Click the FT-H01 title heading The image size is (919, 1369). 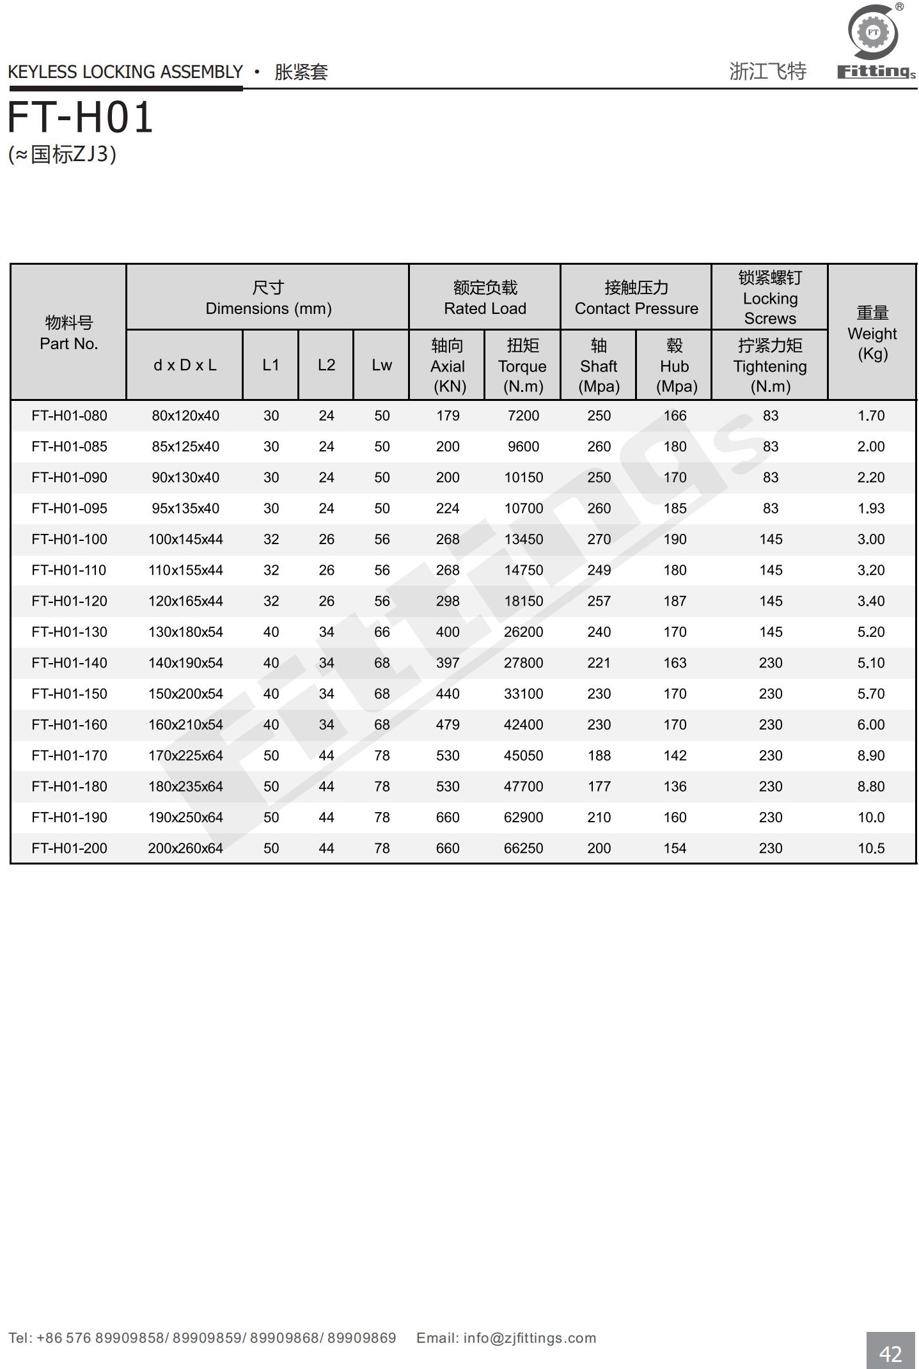point(81,118)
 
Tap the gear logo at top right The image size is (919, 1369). point(873,33)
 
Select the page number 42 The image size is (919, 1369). point(890,1353)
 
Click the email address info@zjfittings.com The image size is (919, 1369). point(530,1338)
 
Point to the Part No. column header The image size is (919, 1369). point(69,333)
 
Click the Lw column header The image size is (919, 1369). point(382,365)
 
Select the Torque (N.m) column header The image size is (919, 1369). point(522,366)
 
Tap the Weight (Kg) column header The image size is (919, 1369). point(872,333)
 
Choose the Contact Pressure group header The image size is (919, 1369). point(636,298)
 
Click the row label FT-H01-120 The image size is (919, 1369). point(69,601)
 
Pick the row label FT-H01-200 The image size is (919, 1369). point(69,849)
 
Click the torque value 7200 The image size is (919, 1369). point(523,416)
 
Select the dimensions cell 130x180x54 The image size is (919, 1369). point(185,632)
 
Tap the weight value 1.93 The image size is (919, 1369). point(871,508)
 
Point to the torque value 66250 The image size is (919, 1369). point(523,849)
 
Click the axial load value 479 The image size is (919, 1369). point(448,725)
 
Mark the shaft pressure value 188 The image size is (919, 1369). point(599,756)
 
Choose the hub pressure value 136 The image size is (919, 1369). point(675,786)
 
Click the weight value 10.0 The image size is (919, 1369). point(871,818)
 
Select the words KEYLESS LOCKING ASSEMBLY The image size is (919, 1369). point(125,72)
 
